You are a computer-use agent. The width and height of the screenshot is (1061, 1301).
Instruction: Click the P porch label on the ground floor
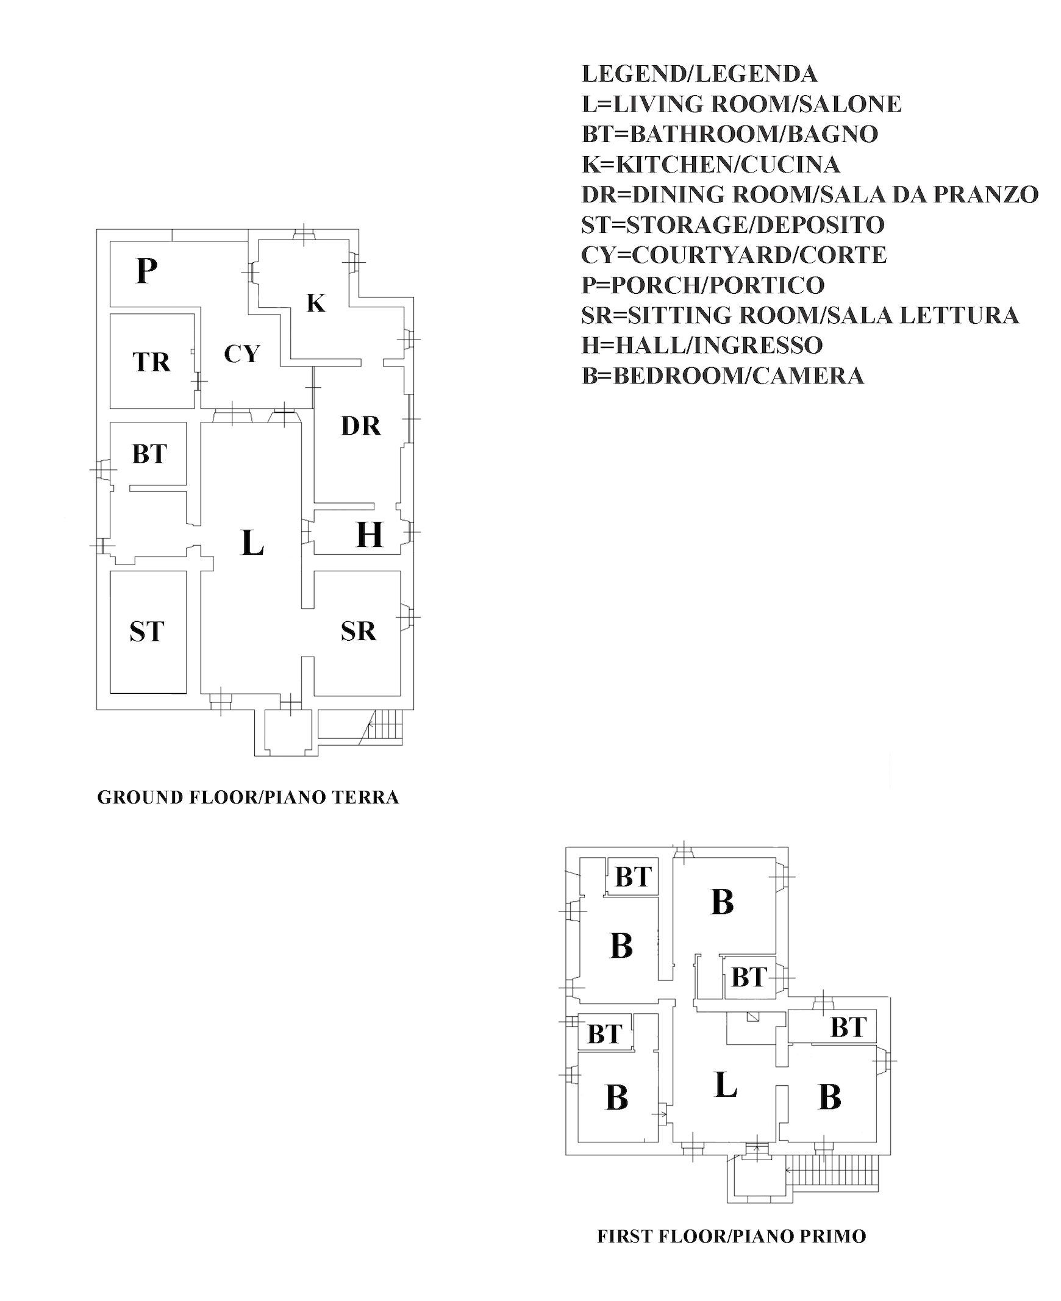(147, 271)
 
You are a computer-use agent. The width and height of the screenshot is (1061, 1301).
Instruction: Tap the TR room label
(151, 362)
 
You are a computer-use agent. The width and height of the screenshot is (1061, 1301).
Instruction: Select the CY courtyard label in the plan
(242, 354)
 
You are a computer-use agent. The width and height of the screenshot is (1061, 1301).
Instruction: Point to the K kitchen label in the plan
(316, 303)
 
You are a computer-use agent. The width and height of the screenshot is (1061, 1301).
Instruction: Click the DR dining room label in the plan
(360, 426)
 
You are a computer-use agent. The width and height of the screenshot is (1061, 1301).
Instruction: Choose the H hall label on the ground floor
(369, 535)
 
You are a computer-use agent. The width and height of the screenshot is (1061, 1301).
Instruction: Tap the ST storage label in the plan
(147, 631)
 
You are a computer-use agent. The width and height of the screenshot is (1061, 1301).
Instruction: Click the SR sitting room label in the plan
(358, 631)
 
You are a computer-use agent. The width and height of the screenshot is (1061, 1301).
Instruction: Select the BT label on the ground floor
(149, 454)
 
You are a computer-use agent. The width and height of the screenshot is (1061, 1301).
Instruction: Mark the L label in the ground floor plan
(252, 543)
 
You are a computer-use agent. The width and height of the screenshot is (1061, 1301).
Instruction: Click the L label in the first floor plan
(726, 1085)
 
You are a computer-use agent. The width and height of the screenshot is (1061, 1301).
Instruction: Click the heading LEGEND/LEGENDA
(699, 74)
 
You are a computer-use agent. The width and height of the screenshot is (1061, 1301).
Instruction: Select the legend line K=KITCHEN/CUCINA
(710, 165)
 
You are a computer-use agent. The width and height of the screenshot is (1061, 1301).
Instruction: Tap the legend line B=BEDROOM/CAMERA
(723, 376)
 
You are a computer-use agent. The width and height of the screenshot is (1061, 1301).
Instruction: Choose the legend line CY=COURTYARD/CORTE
(734, 255)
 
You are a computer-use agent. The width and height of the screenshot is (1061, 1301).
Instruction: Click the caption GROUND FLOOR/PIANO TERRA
(248, 797)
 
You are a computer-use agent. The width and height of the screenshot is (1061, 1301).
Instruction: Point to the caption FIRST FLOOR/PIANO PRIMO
(732, 1236)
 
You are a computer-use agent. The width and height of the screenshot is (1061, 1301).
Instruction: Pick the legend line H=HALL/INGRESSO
(702, 345)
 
